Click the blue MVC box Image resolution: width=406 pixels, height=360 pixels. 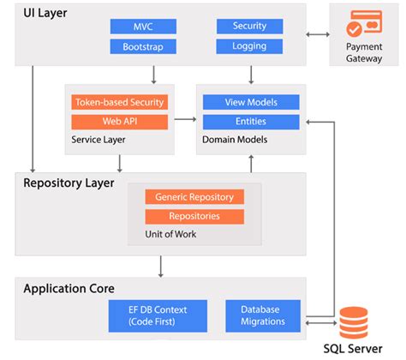[143, 27]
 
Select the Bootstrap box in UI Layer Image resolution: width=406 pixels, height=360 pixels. [143, 46]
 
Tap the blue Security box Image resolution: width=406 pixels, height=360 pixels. [249, 27]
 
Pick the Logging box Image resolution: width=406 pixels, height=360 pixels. [249, 46]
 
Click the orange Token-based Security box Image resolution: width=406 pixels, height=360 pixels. [119, 102]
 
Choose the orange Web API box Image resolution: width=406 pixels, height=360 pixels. [119, 122]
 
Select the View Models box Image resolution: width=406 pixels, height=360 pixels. [251, 102]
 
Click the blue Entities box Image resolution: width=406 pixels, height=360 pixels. [251, 122]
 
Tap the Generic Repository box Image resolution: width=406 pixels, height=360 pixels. [194, 196]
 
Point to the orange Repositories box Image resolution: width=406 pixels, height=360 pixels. [194, 216]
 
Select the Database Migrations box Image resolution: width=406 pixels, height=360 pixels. [263, 315]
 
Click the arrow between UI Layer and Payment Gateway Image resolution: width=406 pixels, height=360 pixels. [319, 35]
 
